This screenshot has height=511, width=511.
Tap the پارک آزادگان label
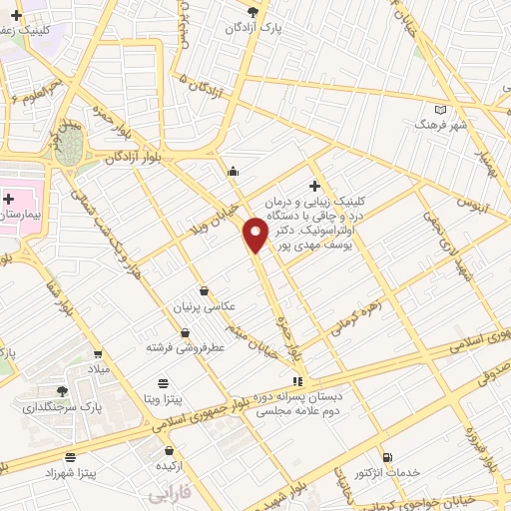coord(250,28)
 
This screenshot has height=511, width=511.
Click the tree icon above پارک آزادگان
coord(253,12)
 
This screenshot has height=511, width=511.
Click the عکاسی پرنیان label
coord(204,307)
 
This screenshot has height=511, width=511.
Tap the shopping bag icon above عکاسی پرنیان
coord(204,291)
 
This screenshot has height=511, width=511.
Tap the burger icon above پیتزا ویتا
coord(164,383)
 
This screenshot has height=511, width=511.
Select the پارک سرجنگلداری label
coord(62,407)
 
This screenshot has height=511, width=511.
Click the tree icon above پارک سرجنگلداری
coord(62,391)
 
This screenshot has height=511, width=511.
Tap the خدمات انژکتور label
coord(386,471)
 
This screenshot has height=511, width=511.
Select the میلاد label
coord(98,369)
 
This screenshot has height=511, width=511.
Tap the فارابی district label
coord(169,493)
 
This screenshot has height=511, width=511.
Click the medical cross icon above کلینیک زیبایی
coord(315,186)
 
